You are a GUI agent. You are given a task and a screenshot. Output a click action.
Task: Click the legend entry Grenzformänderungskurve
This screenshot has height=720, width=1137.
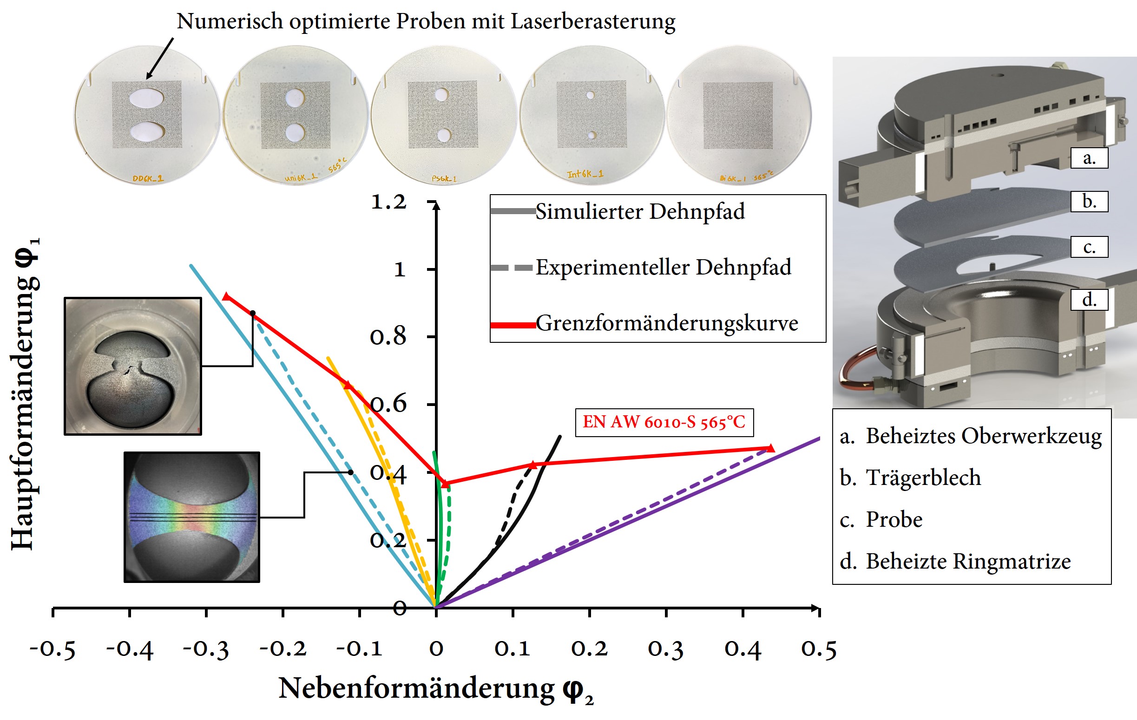(x=666, y=324)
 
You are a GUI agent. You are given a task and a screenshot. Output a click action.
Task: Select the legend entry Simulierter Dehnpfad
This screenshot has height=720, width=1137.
(x=640, y=211)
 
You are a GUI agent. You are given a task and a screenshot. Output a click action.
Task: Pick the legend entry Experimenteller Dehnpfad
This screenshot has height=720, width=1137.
(x=663, y=268)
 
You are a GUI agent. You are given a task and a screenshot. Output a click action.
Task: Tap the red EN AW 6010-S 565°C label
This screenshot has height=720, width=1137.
(x=664, y=422)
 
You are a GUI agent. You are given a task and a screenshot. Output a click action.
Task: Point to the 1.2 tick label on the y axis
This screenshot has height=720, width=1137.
(x=388, y=202)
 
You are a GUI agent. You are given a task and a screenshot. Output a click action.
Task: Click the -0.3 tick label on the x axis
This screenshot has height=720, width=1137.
(x=206, y=649)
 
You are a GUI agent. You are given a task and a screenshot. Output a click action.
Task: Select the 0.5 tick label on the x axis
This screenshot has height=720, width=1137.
(x=819, y=649)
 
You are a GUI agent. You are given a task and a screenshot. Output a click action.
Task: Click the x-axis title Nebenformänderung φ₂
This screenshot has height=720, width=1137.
(x=435, y=689)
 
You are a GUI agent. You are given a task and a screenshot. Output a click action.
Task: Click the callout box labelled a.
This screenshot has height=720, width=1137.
(x=1089, y=158)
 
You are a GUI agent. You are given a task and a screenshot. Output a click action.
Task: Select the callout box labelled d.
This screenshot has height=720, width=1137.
(x=1089, y=300)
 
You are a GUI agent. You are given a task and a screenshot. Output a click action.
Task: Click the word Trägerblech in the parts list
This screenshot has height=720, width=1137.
(x=923, y=478)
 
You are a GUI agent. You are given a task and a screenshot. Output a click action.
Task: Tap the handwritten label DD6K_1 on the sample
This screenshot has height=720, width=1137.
(x=148, y=178)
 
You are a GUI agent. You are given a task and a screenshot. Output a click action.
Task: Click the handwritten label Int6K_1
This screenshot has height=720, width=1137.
(x=585, y=174)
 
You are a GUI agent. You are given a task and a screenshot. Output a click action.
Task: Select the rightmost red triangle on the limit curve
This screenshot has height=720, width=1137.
(x=770, y=448)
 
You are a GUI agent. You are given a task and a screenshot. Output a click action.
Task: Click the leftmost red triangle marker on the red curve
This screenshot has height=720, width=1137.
(x=227, y=296)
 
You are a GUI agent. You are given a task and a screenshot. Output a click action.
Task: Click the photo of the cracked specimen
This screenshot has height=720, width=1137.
(x=133, y=366)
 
